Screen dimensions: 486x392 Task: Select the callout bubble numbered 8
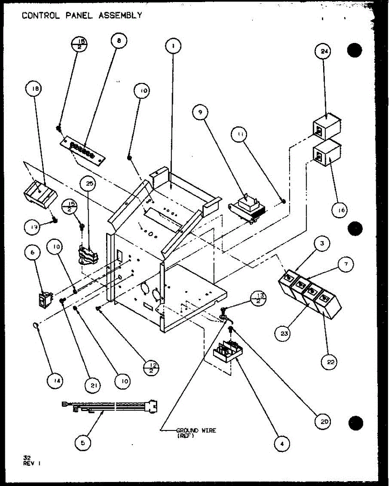pos(119,41)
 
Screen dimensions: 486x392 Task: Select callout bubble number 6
pos(32,253)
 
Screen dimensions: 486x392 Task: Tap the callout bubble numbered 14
pos(59,382)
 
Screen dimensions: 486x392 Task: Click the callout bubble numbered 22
pos(331,362)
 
